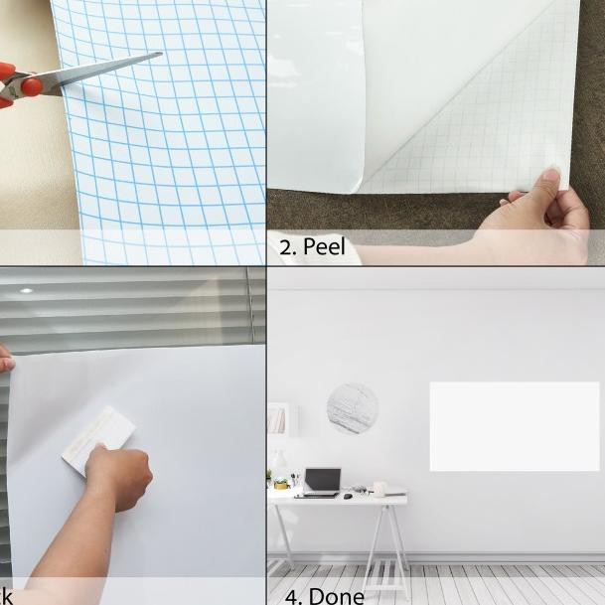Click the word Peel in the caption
tap(325, 247)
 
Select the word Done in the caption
tap(337, 595)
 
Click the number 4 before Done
tap(292, 595)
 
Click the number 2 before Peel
tap(287, 247)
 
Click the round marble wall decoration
tap(353, 408)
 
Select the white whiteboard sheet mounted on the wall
tap(514, 426)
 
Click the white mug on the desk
tap(378, 489)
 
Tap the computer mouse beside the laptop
tap(348, 495)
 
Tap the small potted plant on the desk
tap(281, 483)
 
